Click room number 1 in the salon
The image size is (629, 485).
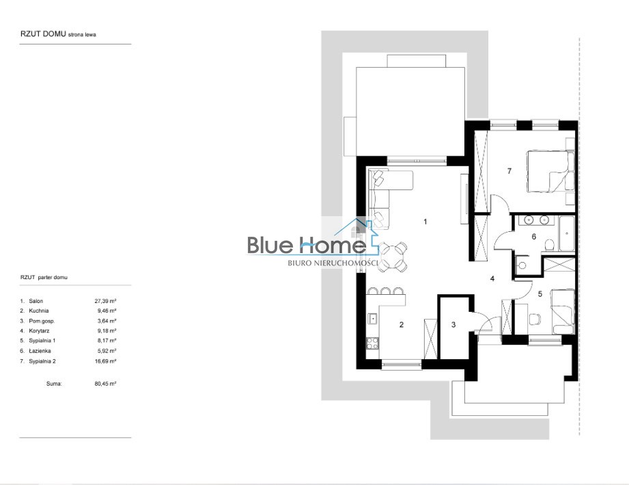pos(425,222)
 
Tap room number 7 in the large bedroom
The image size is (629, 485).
pos(509,171)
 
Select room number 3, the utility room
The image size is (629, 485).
pos(453,325)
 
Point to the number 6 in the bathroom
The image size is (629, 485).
pos(534,237)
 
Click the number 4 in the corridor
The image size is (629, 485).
pos(492,278)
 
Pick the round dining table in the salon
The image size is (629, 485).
pos(393,257)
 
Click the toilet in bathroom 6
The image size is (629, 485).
pos(550,245)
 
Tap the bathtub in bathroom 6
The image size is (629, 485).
pos(566,233)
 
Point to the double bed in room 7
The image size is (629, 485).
pos(550,171)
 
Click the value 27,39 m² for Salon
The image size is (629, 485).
pos(105,300)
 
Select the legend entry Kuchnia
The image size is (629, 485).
pos(38,311)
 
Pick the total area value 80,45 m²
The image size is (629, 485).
pos(105,384)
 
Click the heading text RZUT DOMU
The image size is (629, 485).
pos(43,34)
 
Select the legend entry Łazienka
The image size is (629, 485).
pos(40,351)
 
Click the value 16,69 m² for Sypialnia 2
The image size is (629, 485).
pos(105,361)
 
